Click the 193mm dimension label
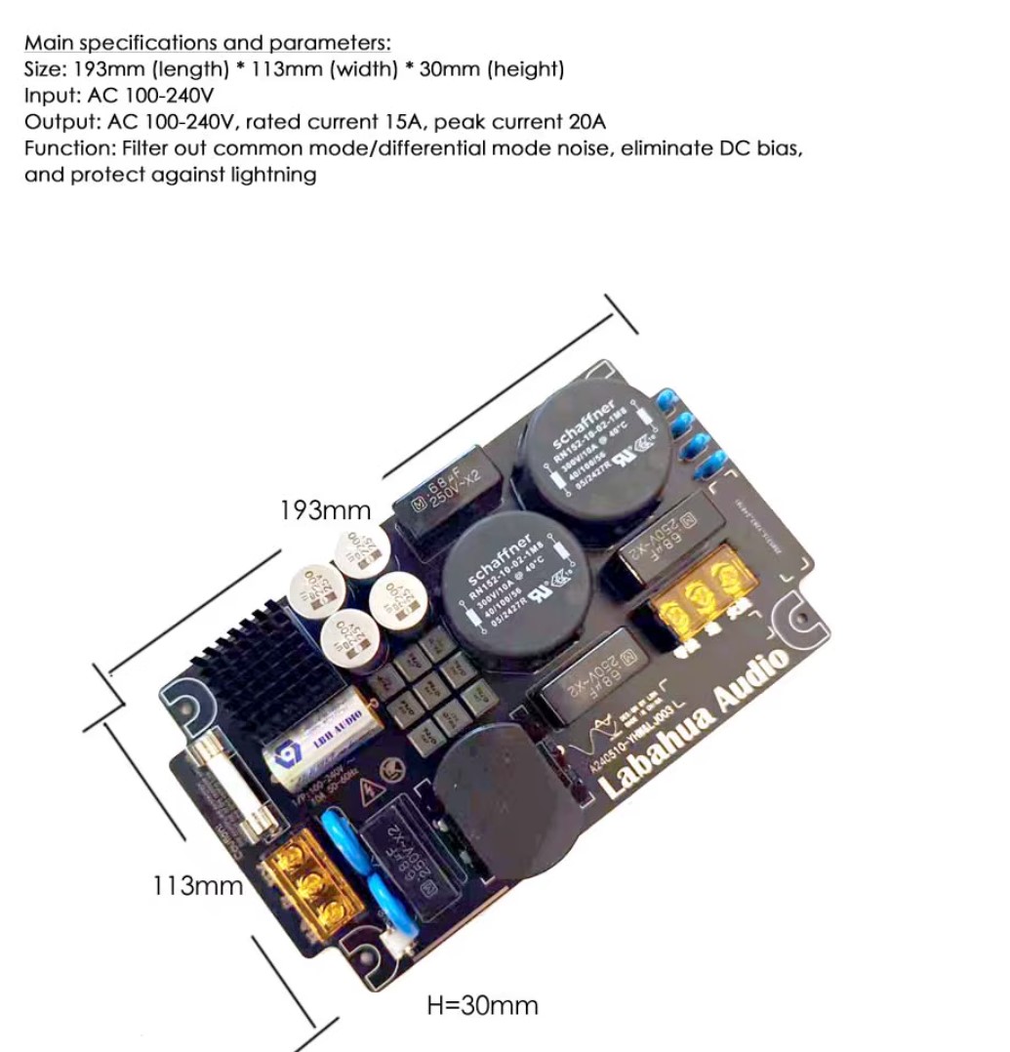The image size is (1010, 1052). pyautogui.click(x=325, y=509)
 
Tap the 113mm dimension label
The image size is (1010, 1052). pyautogui.click(x=197, y=885)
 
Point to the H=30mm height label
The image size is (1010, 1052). pyautogui.click(x=482, y=1005)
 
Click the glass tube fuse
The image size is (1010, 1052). pyautogui.click(x=222, y=789)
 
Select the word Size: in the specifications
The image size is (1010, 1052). pyautogui.click(x=45, y=69)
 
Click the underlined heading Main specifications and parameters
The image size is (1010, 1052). pyautogui.click(x=207, y=43)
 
